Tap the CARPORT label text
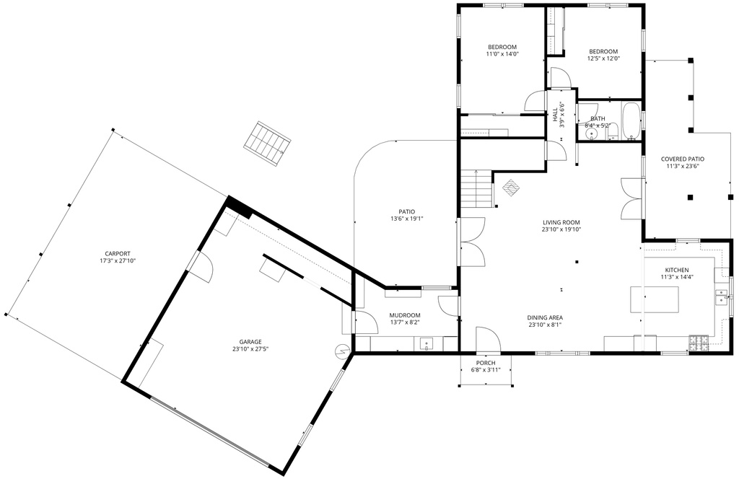[x=118, y=254]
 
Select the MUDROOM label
[x=405, y=315]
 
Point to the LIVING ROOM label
[x=561, y=223]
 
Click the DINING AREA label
[x=545, y=318]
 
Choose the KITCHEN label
[x=677, y=271]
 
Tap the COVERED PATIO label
[x=683, y=159]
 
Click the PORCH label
[x=486, y=363]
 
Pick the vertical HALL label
[x=555, y=115]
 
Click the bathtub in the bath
[x=631, y=121]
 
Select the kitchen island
[x=655, y=299]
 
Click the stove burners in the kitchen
[x=699, y=343]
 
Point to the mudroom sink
[x=427, y=344]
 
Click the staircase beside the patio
[x=476, y=188]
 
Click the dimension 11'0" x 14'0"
[x=502, y=54]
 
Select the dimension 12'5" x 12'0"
[x=603, y=59]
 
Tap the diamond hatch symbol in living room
[x=512, y=188]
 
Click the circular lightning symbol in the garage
[x=341, y=351]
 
